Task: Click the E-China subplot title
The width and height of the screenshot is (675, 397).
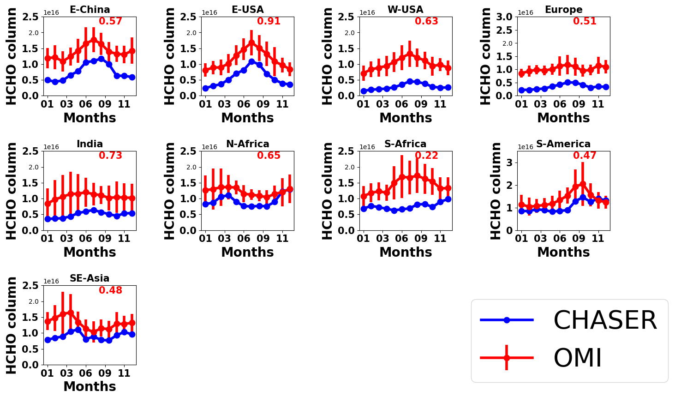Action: (x=90, y=10)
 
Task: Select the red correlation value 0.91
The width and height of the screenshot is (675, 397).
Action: (x=269, y=21)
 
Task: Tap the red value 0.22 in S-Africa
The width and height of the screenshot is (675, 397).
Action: (x=426, y=156)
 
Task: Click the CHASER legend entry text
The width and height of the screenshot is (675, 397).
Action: (x=605, y=320)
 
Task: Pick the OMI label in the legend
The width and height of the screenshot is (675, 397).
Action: (x=578, y=358)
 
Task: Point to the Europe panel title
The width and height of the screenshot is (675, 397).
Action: (x=563, y=10)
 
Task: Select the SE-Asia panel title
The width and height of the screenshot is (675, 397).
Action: (x=90, y=278)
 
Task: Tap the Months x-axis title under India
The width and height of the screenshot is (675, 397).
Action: (x=90, y=252)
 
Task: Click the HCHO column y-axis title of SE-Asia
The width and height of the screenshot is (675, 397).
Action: (x=12, y=325)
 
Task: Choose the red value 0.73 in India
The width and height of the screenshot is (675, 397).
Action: (x=111, y=156)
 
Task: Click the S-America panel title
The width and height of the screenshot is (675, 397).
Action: (x=563, y=144)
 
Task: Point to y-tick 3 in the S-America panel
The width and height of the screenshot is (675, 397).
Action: (x=510, y=162)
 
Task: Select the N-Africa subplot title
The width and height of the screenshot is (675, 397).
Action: (x=248, y=144)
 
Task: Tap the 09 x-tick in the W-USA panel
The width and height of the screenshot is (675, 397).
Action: (x=421, y=104)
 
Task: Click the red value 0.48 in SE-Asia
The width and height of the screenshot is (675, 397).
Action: (x=111, y=290)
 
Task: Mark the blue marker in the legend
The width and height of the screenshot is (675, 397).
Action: (x=507, y=320)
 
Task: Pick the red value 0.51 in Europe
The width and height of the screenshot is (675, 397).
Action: (x=585, y=21)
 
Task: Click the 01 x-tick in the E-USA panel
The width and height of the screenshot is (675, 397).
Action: (x=205, y=104)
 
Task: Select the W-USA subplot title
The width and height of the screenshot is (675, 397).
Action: (x=406, y=10)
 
